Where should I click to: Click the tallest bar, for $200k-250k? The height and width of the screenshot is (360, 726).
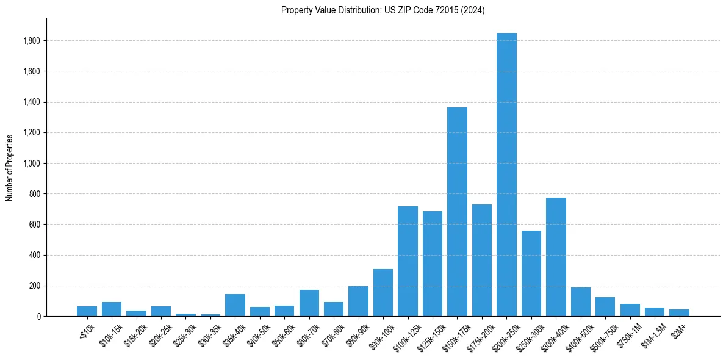(x=506, y=177)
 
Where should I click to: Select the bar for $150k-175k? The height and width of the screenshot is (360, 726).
(x=457, y=214)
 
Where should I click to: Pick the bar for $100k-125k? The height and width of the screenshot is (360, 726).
(x=408, y=262)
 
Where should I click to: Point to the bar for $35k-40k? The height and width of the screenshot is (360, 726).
(x=235, y=306)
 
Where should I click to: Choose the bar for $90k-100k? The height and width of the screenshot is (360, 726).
(x=383, y=293)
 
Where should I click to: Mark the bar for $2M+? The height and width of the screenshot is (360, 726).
(x=679, y=313)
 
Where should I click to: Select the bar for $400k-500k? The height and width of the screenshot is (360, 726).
(x=581, y=302)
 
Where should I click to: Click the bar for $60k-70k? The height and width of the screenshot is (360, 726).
(x=309, y=303)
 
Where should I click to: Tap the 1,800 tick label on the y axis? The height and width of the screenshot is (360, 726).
(x=32, y=41)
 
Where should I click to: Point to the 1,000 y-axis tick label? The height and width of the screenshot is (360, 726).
(x=32, y=164)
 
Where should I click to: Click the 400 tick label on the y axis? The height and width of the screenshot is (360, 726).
(x=35, y=255)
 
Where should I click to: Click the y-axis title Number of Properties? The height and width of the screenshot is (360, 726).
(x=10, y=167)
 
